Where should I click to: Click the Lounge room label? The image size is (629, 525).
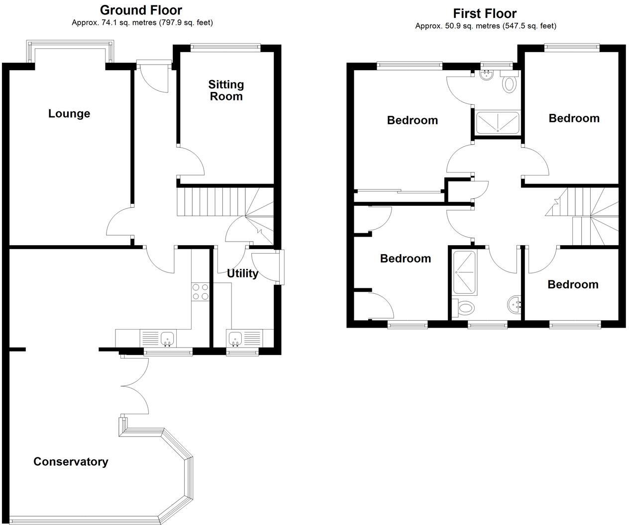pos(69,113)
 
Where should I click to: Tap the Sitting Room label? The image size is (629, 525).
pos(226,90)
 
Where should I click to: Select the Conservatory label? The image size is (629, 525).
pos(71,461)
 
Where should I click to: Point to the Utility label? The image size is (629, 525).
pos(242,273)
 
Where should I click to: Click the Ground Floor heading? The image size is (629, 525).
pos(141,10)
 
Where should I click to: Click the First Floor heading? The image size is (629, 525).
pos(485,13)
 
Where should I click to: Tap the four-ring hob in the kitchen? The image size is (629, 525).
pos(200,291)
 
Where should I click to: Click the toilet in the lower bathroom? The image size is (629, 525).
pos(465,308)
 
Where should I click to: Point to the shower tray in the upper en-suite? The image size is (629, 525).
pos(497,123)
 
